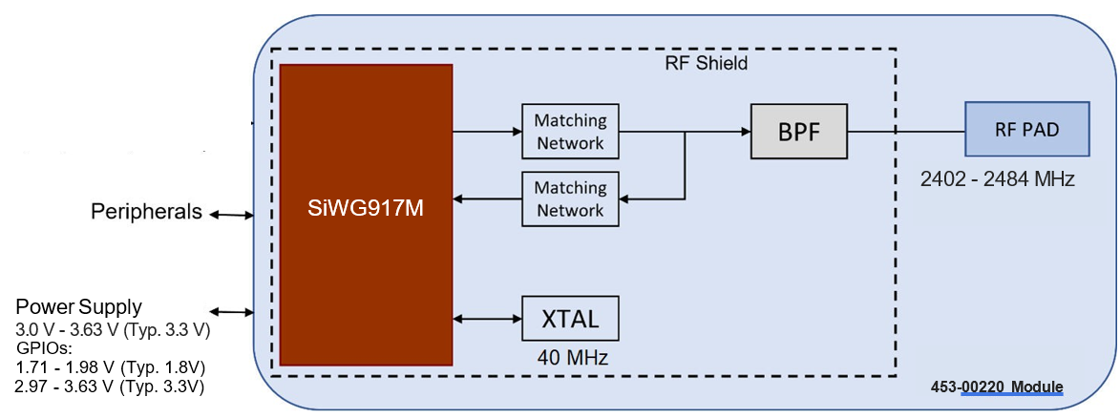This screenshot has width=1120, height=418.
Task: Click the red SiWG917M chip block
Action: [366, 214]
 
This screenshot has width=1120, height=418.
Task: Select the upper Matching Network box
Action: [570, 132]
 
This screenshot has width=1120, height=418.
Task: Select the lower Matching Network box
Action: [570, 199]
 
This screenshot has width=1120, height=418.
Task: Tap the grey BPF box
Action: [799, 131]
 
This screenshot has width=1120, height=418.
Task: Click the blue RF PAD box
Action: [1027, 129]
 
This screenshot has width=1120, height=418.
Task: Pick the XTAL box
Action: [570, 319]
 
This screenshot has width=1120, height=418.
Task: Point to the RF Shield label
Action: [706, 64]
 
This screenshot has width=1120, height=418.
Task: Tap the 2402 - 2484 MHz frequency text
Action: [998, 178]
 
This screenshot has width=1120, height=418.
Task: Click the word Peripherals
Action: [146, 212]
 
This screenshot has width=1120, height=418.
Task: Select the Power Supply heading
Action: [78, 307]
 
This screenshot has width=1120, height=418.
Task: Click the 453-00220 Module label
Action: [997, 387]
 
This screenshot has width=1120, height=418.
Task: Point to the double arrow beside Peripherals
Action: [231, 215]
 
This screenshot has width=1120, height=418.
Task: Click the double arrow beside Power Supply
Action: [231, 311]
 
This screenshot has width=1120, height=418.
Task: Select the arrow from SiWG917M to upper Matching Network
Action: [487, 132]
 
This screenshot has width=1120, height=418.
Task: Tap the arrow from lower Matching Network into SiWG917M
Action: [487, 199]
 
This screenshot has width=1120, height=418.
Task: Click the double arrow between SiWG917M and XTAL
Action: [487, 319]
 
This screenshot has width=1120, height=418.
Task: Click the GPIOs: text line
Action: [44, 348]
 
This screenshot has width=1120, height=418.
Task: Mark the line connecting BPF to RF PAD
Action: [906, 131]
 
